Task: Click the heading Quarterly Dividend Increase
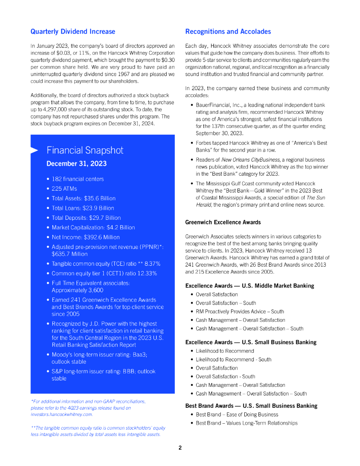pos(73,31)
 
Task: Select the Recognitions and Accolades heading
pos(228,31)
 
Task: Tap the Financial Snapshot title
pos(85,151)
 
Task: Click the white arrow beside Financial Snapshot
pos(34,151)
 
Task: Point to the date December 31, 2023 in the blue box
pos(77,164)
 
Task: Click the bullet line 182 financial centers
pos(77,179)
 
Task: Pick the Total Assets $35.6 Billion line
pos(83,198)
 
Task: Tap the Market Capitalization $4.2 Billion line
pos(93,227)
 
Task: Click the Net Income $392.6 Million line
pos(86,237)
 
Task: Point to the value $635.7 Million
pos(70,254)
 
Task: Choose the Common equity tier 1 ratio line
pos(104,274)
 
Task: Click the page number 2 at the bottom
pos(180,448)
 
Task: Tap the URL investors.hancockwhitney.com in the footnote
pos(61,415)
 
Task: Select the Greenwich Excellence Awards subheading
pos(223,222)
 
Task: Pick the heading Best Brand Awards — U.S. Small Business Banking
pos(251,405)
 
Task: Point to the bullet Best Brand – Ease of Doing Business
pos(237,415)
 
